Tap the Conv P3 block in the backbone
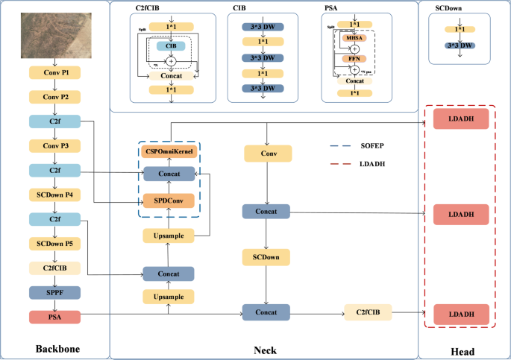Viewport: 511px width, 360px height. tap(54, 146)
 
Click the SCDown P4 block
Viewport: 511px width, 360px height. tap(54, 195)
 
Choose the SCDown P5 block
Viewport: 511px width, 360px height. tap(54, 244)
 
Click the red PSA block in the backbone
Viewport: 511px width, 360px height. tap(54, 318)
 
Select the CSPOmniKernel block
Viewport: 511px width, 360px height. tap(168, 152)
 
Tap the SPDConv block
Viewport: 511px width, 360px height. tap(168, 201)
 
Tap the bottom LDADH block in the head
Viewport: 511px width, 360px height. tap(460, 313)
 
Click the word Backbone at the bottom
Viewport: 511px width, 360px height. tap(57, 349)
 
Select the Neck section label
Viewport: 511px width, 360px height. tap(265, 349)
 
